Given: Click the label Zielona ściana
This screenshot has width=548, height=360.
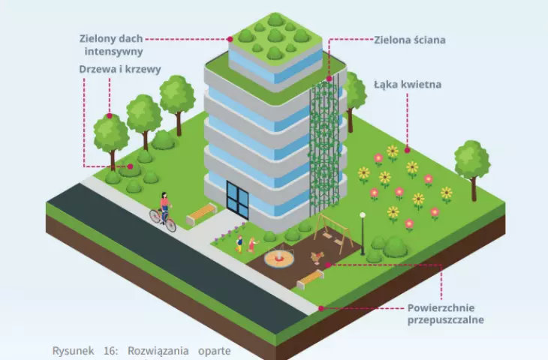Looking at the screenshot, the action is point(410,40).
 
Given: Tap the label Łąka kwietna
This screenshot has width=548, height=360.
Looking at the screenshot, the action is point(408,85).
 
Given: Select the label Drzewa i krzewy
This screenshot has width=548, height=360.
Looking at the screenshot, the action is point(120,69).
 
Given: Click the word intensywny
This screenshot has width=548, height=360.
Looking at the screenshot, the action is point(113,52).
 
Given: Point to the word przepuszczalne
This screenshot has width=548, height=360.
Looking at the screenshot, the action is point(446,320).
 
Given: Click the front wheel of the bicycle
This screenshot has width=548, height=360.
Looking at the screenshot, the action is point(170,225).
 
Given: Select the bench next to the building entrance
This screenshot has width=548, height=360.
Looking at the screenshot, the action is point(201,213).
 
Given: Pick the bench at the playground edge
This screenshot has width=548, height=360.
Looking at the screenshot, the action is point(310,279).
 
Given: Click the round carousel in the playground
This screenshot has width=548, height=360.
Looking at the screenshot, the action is point(279,258).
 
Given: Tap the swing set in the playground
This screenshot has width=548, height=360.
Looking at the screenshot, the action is point(332,232).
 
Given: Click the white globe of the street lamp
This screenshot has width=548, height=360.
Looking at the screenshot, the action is point(363,215).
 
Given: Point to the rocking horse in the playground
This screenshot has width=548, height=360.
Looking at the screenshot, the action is point(318,259).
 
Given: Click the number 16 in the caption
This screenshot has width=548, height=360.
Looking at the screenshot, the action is point(110,350).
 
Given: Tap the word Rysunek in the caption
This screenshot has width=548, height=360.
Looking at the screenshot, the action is point(73,350).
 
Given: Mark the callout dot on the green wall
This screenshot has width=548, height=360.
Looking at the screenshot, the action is point(329,79).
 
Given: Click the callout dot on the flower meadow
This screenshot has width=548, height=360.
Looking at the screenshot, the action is point(407,150).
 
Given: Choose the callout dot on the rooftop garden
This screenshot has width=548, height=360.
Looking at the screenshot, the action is point(230,39).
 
